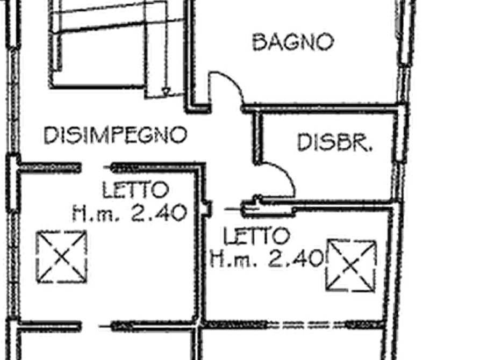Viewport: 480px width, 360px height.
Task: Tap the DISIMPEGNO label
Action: (x=114, y=135)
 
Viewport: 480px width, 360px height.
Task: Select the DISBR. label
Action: (x=335, y=143)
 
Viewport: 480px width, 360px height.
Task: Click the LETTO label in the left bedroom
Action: (x=139, y=190)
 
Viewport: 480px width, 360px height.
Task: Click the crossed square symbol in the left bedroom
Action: (x=60, y=255)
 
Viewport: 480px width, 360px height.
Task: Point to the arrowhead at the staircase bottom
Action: (x=167, y=91)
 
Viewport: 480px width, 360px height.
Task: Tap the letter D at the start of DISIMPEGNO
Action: (x=49, y=135)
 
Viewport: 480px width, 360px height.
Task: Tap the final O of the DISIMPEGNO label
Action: (x=178, y=135)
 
